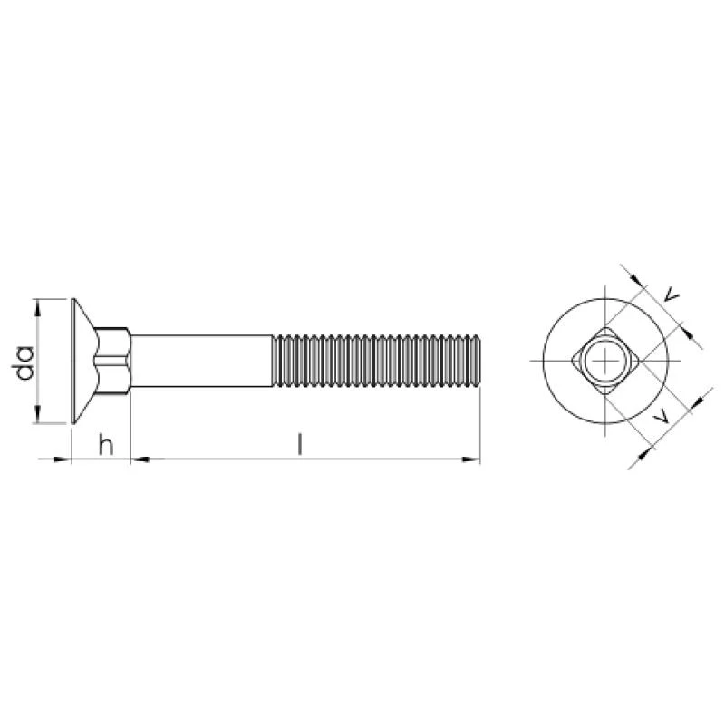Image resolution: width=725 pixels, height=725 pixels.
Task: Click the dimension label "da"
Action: click(25, 362)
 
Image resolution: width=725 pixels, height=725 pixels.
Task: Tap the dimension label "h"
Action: click(106, 444)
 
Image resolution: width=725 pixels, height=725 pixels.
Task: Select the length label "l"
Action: click(300, 444)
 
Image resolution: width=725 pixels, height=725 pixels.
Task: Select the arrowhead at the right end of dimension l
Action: click(471, 459)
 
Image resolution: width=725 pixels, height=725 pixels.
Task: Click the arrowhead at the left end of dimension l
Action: click(140, 459)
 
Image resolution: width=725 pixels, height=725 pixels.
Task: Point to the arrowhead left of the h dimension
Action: click(63, 459)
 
